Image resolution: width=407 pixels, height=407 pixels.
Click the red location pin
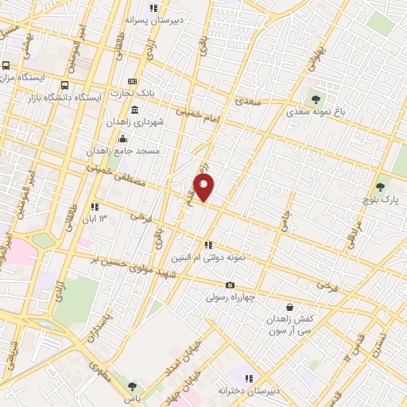click(204, 188)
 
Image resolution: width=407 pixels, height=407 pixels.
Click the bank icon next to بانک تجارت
click(132, 81)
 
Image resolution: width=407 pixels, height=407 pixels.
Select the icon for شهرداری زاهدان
click(135, 110)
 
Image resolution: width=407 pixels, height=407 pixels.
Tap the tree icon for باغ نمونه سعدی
click(316, 99)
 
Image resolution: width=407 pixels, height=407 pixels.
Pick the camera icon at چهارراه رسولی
click(230, 285)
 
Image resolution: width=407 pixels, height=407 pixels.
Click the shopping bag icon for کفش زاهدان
click(289, 306)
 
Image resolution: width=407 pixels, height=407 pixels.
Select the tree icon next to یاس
click(131, 386)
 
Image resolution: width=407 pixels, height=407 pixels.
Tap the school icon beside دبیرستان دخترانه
click(249, 379)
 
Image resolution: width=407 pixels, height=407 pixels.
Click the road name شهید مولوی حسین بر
click(132, 269)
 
